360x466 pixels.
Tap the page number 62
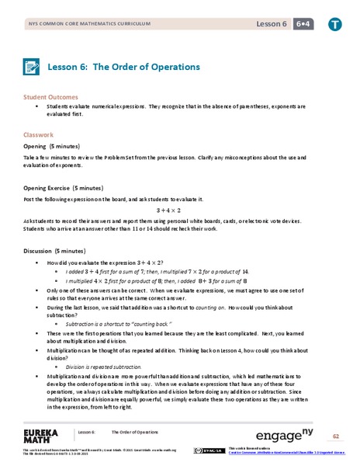(x=336, y=436)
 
